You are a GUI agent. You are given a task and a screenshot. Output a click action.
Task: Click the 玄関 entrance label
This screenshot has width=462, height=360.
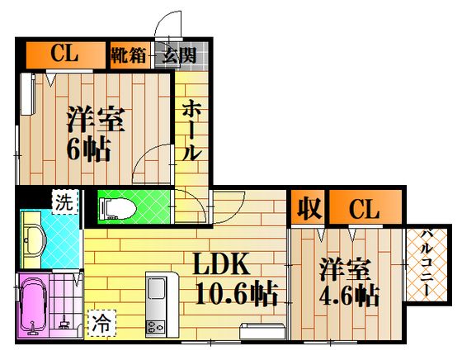click(x=180, y=55)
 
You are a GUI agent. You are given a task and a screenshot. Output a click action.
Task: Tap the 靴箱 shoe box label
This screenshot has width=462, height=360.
click(x=129, y=54)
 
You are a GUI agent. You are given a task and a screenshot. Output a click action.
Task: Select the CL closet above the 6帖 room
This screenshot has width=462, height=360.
click(x=64, y=54)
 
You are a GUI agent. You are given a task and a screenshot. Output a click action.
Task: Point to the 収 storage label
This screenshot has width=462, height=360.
click(x=309, y=208)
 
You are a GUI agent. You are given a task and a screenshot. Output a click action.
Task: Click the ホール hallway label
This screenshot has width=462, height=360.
click(x=191, y=130)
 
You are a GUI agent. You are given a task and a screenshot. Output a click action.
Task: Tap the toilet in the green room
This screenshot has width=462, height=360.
click(x=118, y=208)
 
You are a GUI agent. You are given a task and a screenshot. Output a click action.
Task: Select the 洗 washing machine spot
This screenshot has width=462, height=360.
click(x=64, y=202)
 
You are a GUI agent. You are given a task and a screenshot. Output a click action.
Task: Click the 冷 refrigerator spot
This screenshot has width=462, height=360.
click(x=101, y=323)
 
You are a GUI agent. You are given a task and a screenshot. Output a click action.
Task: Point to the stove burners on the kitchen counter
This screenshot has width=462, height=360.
click(x=155, y=327)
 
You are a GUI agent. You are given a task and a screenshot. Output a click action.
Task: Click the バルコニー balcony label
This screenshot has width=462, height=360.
click(x=427, y=263)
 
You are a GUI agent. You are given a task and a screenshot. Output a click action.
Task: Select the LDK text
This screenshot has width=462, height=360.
click(x=221, y=264)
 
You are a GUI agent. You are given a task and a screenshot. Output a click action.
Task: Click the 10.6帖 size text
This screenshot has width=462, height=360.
click(x=237, y=293)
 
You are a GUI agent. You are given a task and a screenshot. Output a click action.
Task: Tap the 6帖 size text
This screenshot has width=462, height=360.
click(x=89, y=149)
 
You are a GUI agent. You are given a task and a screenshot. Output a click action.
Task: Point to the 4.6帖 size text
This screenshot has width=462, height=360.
click(x=349, y=295)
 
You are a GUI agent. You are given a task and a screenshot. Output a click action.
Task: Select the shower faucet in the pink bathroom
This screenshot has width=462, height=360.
click(x=64, y=324)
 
